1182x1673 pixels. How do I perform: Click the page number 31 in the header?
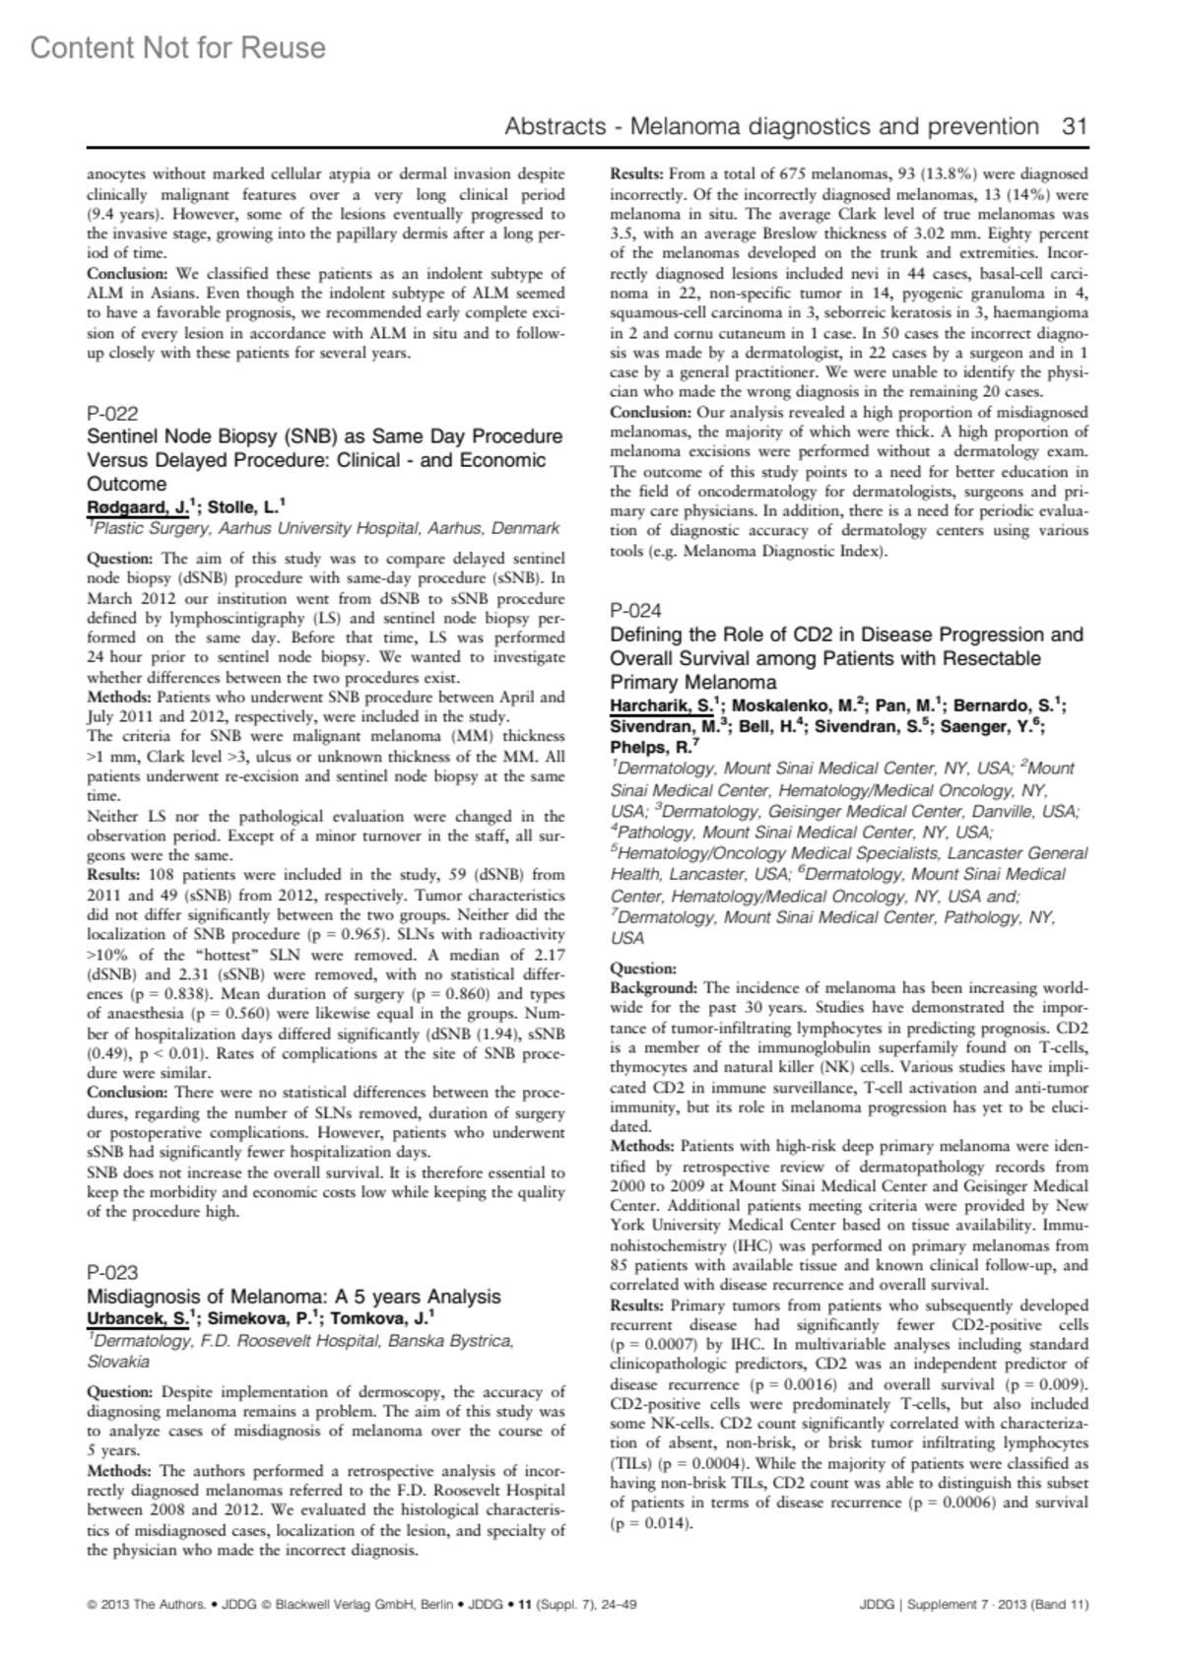coord(1075,126)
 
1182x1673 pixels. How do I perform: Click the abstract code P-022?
coord(113,414)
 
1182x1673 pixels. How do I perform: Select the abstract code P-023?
coord(113,1272)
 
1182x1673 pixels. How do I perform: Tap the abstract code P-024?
coord(636,610)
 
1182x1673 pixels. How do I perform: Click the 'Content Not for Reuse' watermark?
coord(178,47)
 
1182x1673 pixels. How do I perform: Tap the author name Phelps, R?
coord(645,748)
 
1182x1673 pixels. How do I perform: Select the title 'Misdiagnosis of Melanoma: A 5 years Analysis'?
coord(294,1296)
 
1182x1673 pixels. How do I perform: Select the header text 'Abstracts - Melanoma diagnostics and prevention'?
coord(771,126)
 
